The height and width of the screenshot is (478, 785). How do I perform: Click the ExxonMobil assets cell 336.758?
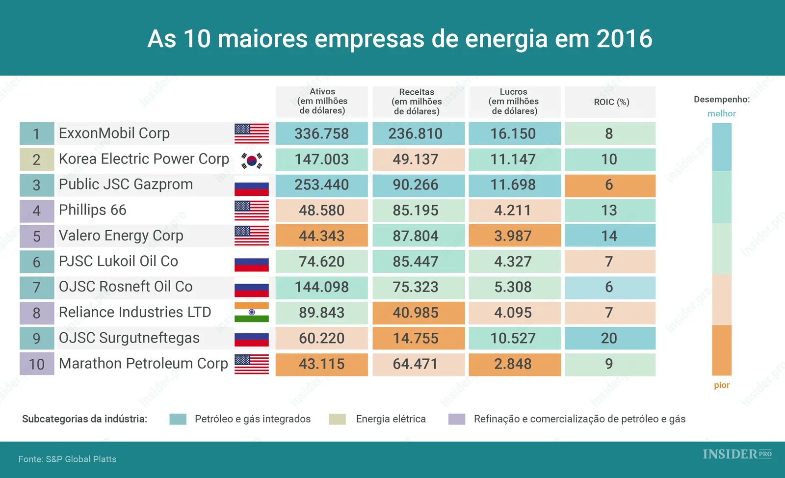(321, 133)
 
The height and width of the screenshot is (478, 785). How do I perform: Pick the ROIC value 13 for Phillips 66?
(610, 211)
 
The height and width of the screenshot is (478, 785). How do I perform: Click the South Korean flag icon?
(252, 160)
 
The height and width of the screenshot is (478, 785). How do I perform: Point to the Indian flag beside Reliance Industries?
(252, 312)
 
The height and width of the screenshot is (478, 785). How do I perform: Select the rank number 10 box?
(37, 364)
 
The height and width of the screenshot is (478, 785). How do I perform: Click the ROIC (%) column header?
(611, 102)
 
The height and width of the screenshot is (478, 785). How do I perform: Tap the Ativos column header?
(322, 101)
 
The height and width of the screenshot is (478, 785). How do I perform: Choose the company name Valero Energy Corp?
(121, 236)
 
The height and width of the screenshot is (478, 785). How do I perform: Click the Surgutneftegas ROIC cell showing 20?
(610, 338)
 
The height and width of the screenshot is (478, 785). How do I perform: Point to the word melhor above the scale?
(721, 113)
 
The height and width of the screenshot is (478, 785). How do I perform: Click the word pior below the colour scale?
(721, 385)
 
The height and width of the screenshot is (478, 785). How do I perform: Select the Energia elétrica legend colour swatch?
(338, 419)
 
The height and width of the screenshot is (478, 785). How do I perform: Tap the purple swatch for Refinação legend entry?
(457, 419)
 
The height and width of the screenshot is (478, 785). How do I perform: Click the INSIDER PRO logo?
(736, 454)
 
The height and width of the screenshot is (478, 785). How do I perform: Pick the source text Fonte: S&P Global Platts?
(67, 459)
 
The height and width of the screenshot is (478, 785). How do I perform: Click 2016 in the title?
(624, 39)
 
